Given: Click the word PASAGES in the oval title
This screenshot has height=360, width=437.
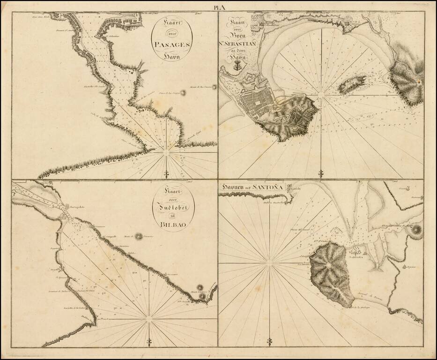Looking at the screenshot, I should pyautogui.click(x=174, y=45).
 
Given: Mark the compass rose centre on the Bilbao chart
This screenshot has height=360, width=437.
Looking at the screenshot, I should pyautogui.click(x=149, y=319).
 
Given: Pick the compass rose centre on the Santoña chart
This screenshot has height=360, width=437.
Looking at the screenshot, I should pyautogui.click(x=269, y=263).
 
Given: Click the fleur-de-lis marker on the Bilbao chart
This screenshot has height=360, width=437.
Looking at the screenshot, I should pyautogui.click(x=149, y=341).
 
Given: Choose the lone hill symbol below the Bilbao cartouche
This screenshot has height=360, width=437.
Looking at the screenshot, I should pyautogui.click(x=139, y=237).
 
